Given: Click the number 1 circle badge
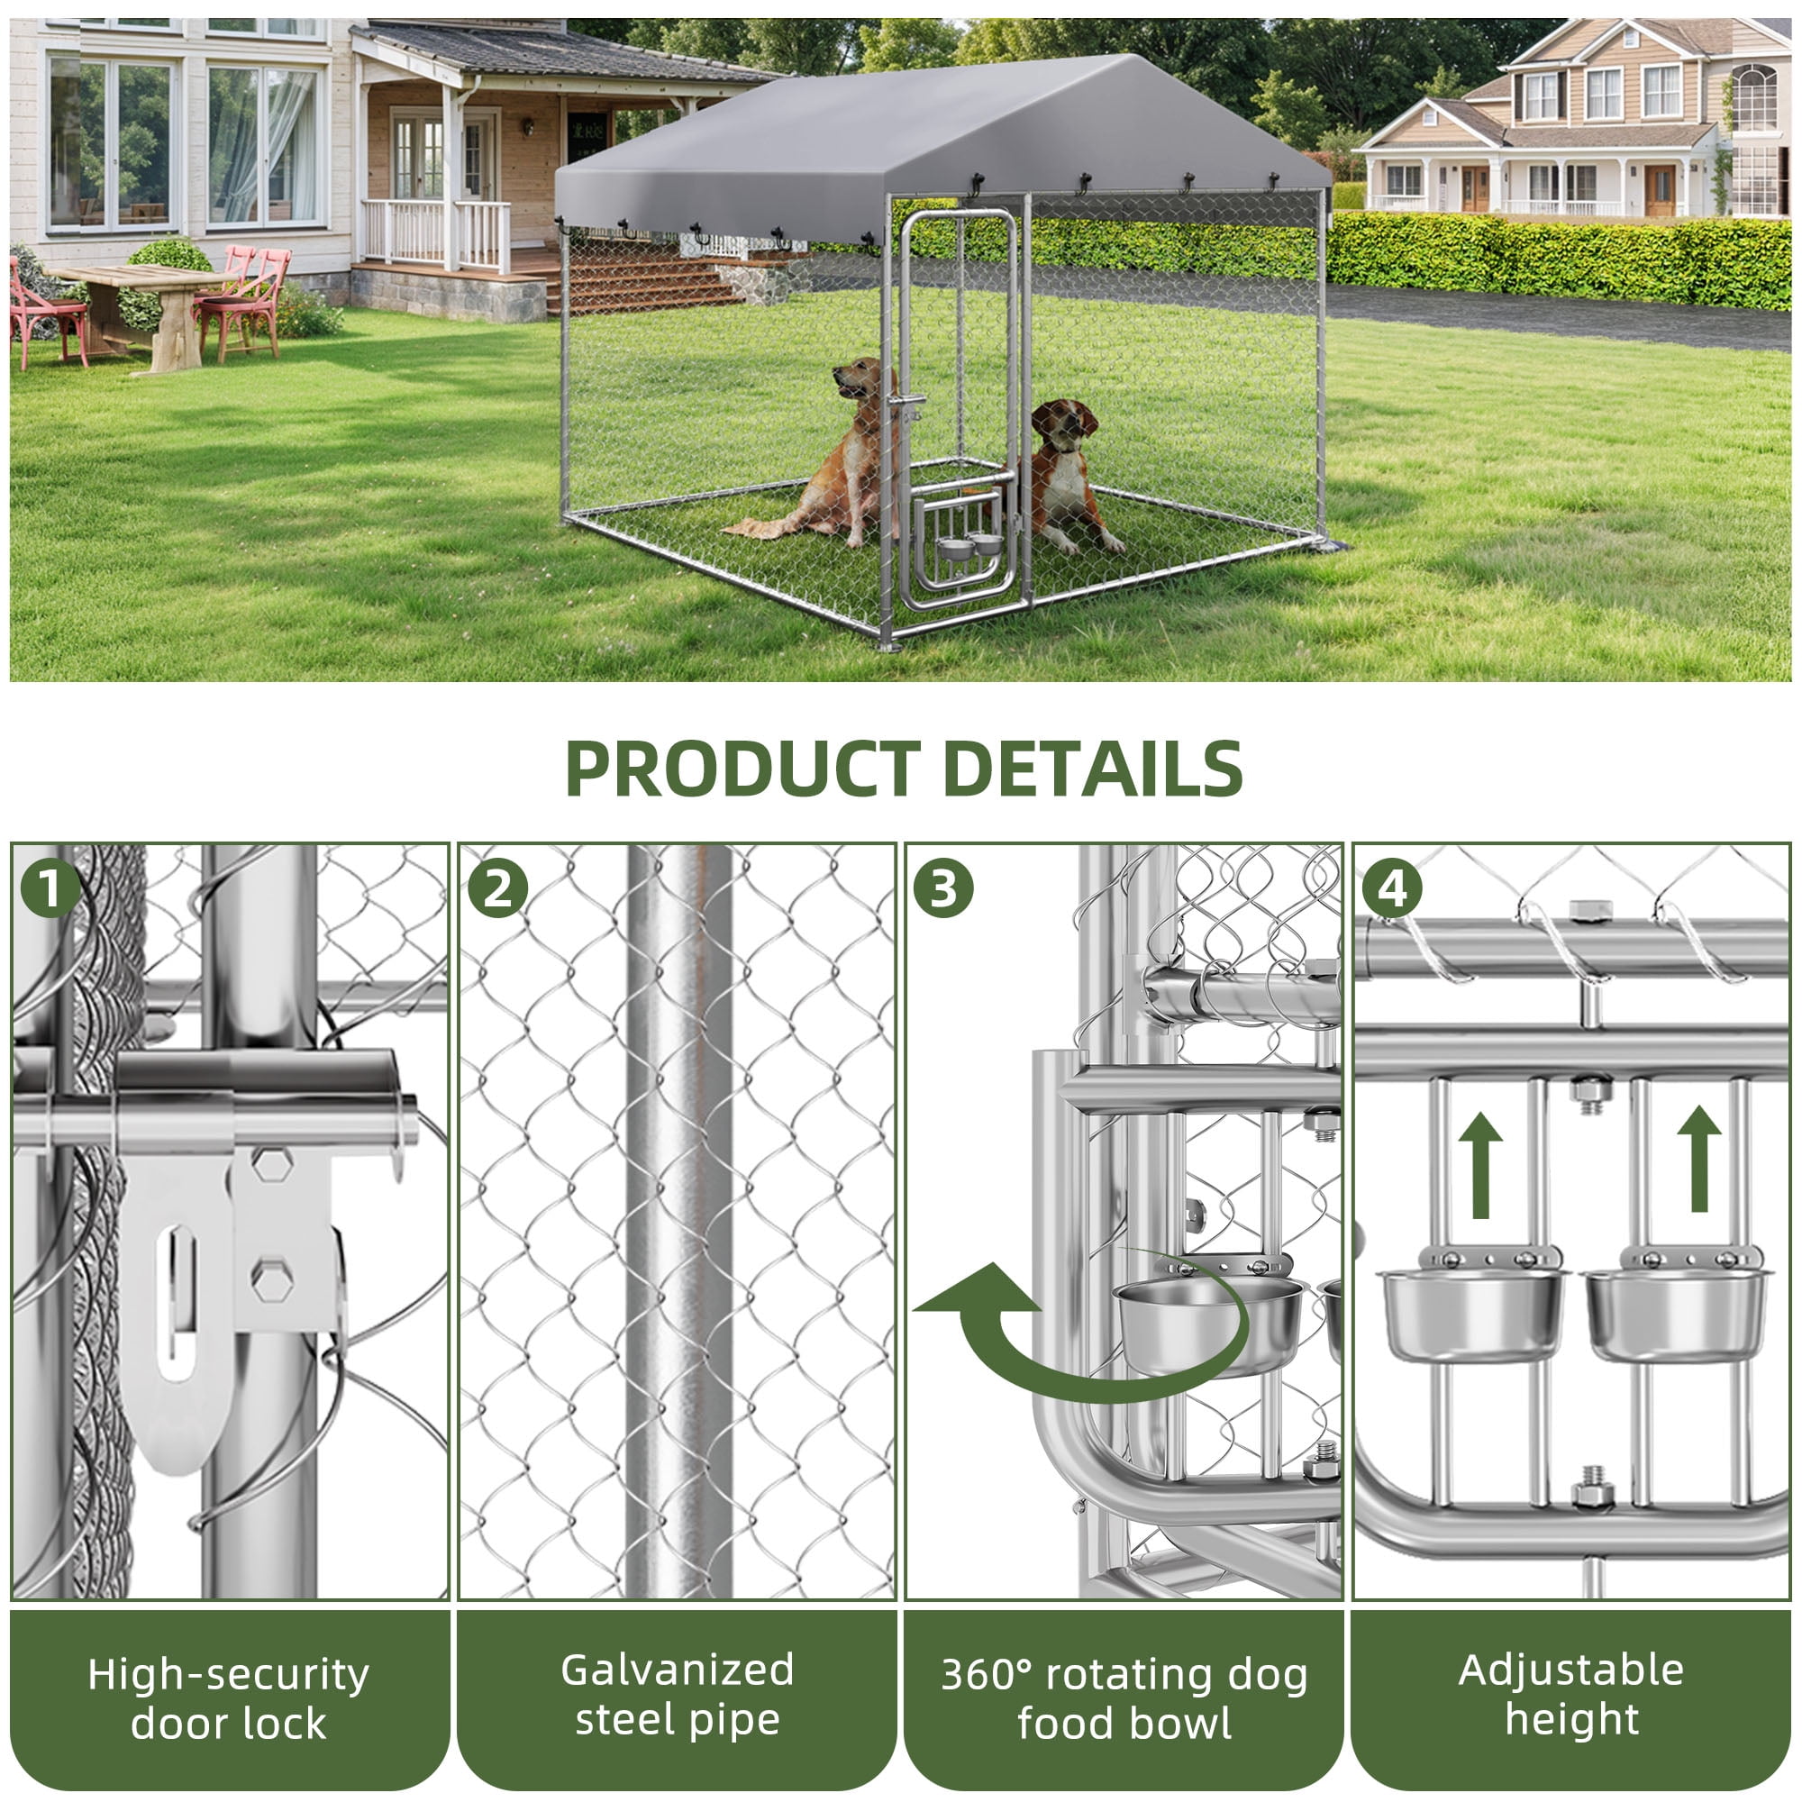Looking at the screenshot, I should click(50, 888).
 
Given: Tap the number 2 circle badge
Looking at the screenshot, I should click(497, 888).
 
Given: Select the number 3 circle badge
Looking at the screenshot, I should click(943, 888).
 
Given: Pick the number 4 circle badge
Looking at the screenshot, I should click(1392, 889).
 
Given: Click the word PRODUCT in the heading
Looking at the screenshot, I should click(742, 769).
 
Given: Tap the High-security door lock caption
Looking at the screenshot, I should click(229, 1698).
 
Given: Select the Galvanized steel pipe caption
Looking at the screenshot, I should click(678, 1695).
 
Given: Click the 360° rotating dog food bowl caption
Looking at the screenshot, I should click(1124, 1698).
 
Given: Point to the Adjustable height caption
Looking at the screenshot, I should click(1571, 1695).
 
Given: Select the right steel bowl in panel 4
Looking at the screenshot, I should click(1676, 1314).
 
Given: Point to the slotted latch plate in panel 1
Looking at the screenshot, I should click(177, 1306).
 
